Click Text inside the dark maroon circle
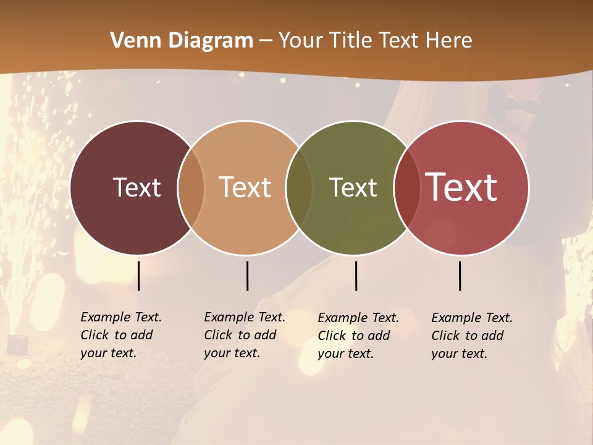click(137, 187)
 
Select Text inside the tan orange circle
click(245, 187)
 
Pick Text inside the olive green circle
click(353, 187)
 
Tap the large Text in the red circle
click(461, 187)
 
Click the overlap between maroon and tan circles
click(191, 187)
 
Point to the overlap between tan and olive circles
click(300, 187)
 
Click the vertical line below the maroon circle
click(139, 276)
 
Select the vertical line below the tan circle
click(247, 276)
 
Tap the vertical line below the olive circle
click(356, 276)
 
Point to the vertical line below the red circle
click(460, 276)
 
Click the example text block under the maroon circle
click(121, 335)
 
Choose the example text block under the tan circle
click(245, 335)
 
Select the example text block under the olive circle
click(358, 336)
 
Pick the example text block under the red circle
click(472, 336)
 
